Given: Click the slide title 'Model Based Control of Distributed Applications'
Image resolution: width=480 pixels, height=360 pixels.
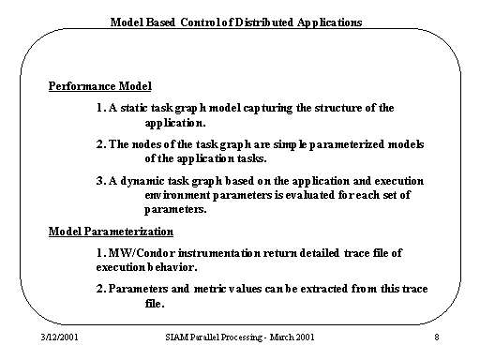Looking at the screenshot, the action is click(235, 21).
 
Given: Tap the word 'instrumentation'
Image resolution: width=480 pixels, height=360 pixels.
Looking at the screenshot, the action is click(218, 253).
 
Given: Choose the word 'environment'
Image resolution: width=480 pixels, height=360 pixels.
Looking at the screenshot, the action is click(181, 195).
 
